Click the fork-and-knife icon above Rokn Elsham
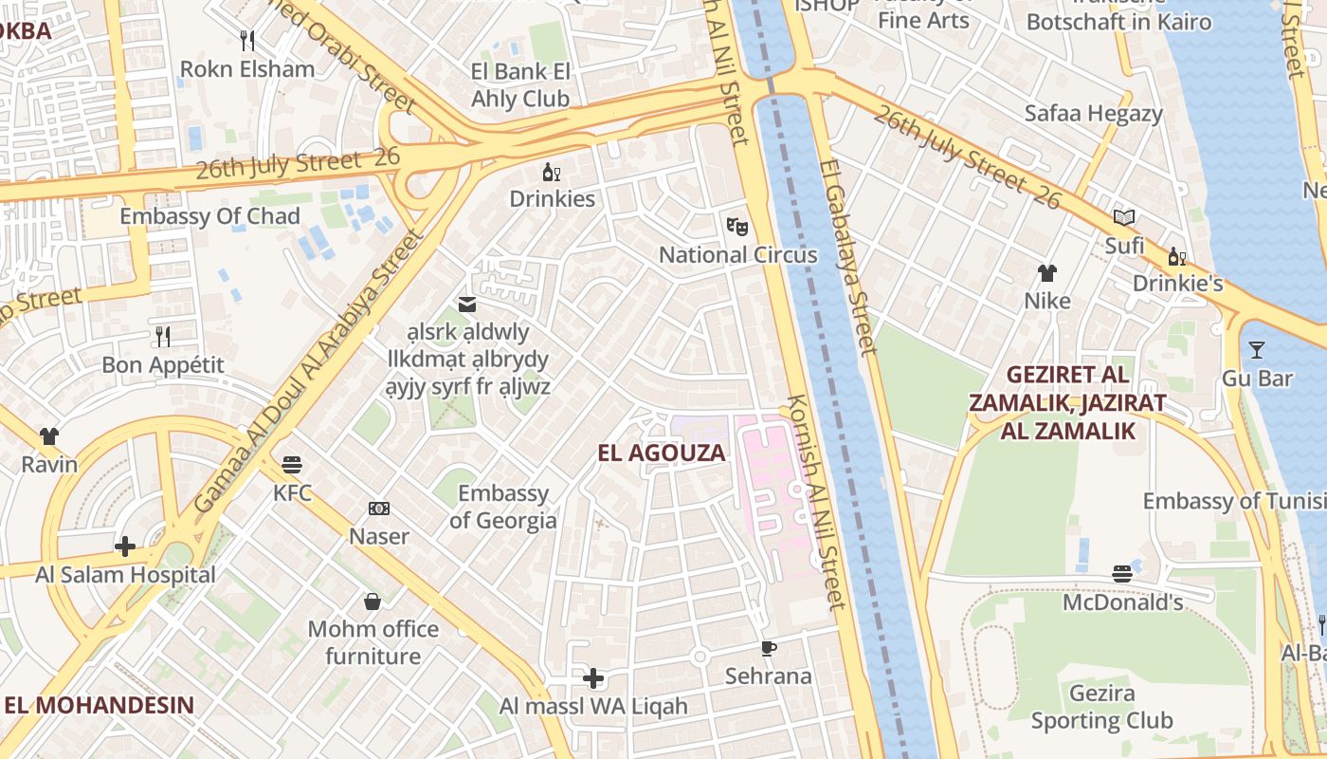[x=247, y=40]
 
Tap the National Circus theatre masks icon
[x=737, y=226]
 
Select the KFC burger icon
[x=292, y=465]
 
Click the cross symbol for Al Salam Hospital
[x=125, y=546]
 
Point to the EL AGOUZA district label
[x=662, y=453]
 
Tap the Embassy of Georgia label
[x=502, y=507]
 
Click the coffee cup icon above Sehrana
[x=769, y=648]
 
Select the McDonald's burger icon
[x=1122, y=574]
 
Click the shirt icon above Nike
[x=1046, y=273]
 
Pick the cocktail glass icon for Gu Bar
[x=1257, y=350]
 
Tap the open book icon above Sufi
[x=1124, y=218]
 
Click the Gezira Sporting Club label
[x=1101, y=707]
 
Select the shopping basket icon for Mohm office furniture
[x=373, y=602]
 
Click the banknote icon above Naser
[x=379, y=509]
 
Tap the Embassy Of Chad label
[x=209, y=216]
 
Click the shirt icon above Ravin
[x=49, y=436]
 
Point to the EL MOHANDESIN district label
[x=99, y=705]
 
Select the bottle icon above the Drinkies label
[x=551, y=172]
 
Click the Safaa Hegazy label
[x=1093, y=114]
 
